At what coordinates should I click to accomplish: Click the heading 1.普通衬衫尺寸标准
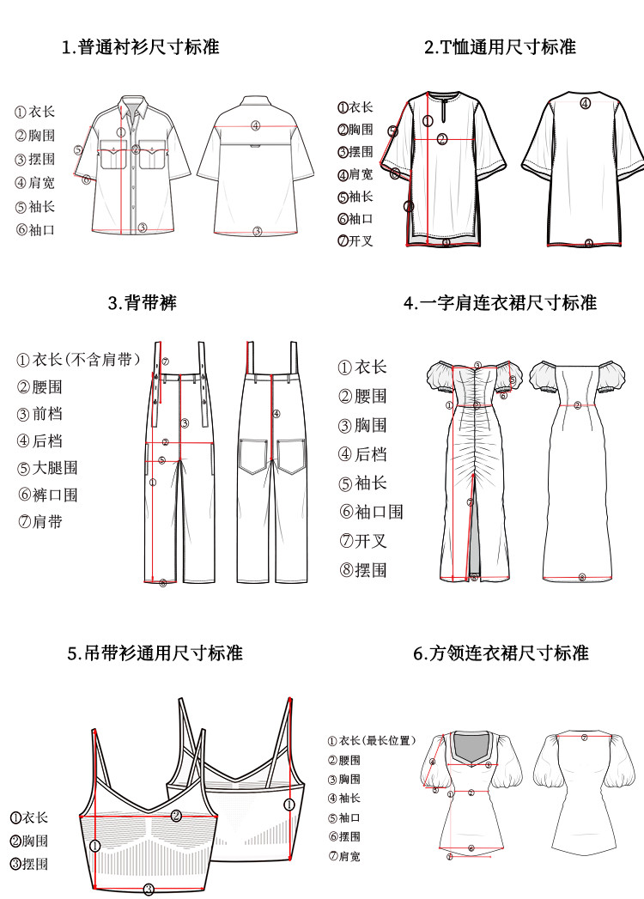(140, 46)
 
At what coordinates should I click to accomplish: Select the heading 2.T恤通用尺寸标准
(500, 46)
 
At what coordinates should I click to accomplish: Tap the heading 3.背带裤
(143, 302)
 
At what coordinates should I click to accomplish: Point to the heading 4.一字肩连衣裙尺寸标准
(500, 302)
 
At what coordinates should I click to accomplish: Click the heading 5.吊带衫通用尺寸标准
(155, 653)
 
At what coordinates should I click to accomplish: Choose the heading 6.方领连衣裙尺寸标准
(501, 653)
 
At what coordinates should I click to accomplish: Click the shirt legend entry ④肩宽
(34, 183)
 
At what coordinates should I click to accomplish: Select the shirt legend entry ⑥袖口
(34, 229)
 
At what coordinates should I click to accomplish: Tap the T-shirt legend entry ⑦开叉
(355, 241)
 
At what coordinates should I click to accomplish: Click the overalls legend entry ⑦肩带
(40, 521)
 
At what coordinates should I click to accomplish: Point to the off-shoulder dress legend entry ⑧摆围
(362, 570)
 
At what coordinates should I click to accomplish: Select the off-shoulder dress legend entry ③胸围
(362, 425)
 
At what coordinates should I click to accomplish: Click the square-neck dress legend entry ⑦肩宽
(344, 856)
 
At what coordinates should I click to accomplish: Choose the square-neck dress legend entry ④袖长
(344, 799)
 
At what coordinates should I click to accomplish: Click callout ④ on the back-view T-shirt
(585, 104)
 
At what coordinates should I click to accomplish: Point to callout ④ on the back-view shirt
(255, 125)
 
